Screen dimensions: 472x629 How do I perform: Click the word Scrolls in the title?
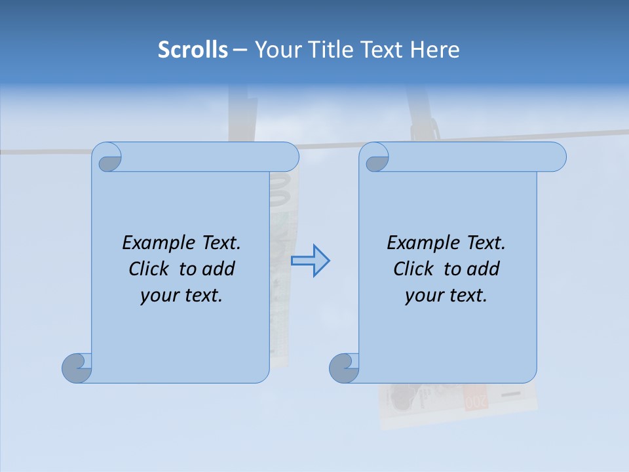point(193,50)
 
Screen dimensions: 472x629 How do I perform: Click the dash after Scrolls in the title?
point(240,50)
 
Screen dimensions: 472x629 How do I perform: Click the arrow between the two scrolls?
point(311,261)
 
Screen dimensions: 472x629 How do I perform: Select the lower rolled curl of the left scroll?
point(77,368)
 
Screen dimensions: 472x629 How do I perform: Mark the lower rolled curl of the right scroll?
point(343,368)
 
